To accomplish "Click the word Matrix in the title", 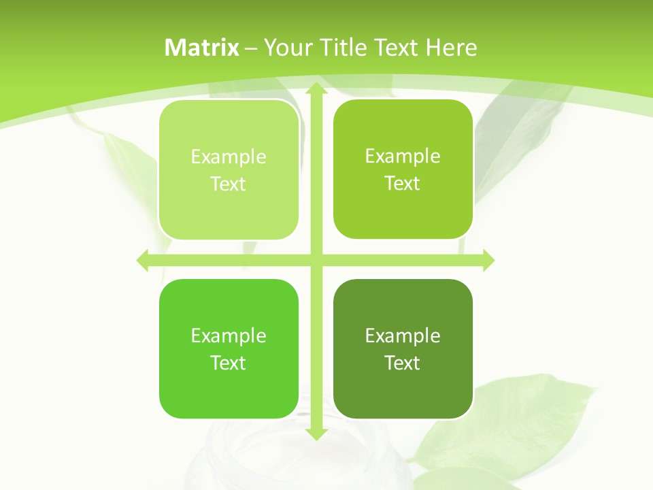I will click(202, 48).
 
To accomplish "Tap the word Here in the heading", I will click(451, 48).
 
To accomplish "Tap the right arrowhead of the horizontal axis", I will click(488, 260).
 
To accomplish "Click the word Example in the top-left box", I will click(229, 157).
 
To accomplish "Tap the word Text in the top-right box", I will click(403, 184).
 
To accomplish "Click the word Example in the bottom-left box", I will click(229, 336).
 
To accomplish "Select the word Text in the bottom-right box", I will click(403, 363).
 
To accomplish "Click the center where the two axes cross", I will click(316, 260).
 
